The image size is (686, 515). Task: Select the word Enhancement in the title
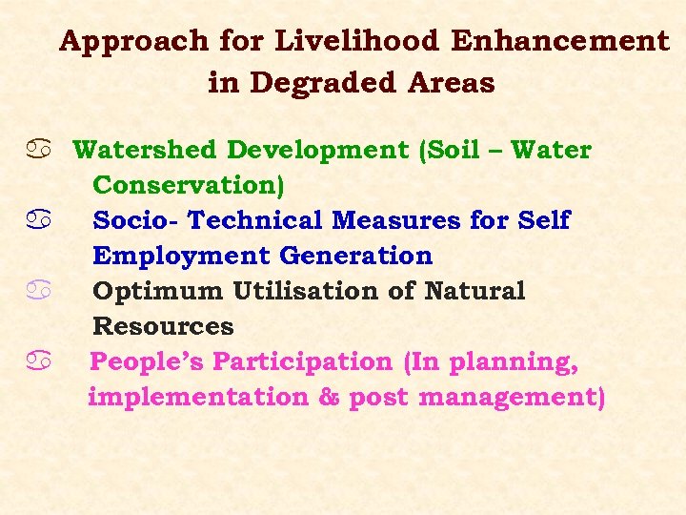pyautogui.click(x=560, y=41)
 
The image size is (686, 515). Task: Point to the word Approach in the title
pyautogui.click(x=132, y=41)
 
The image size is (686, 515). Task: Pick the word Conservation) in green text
pyautogui.click(x=189, y=185)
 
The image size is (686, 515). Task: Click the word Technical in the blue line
pyautogui.click(x=255, y=220)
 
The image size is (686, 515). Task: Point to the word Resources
pyautogui.click(x=163, y=326)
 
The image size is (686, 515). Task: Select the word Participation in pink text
pyautogui.click(x=302, y=361)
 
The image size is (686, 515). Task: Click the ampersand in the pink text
pyautogui.click(x=329, y=397)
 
